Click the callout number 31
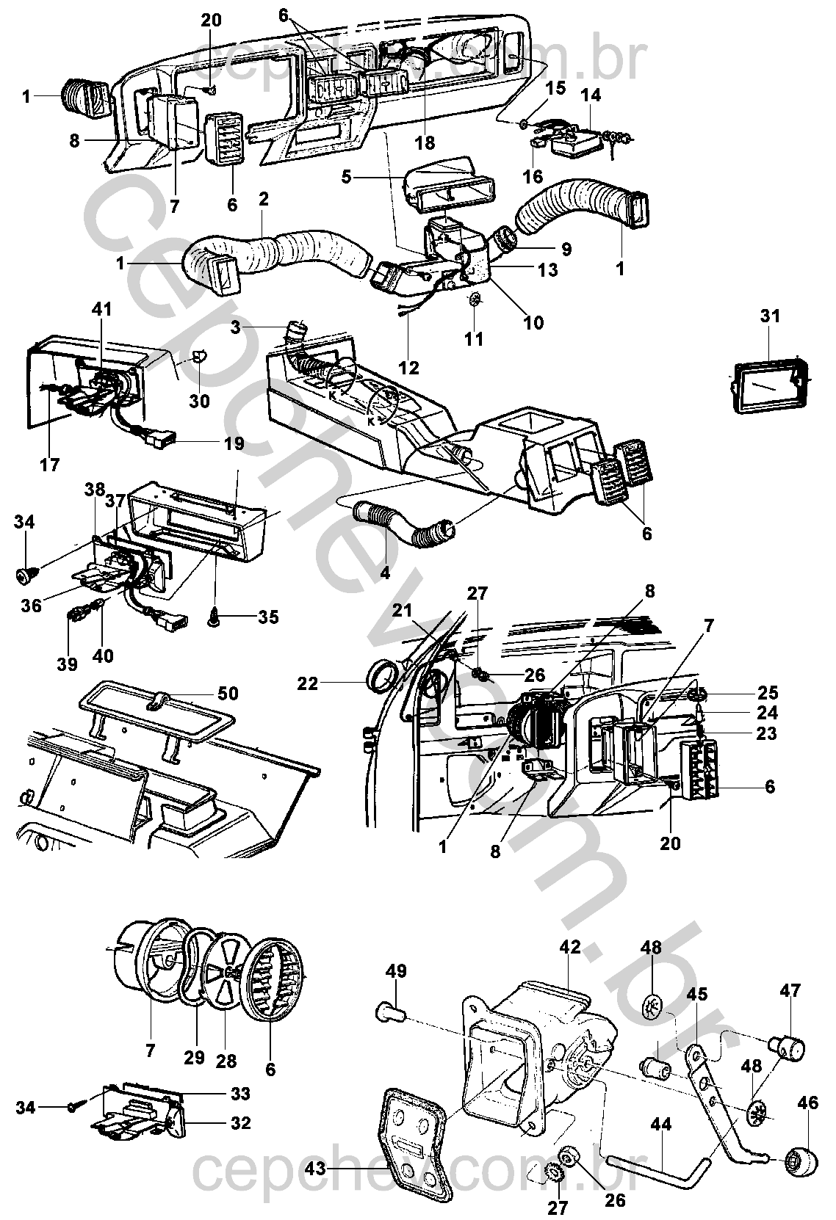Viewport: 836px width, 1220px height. point(770,316)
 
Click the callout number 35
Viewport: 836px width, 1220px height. point(269,617)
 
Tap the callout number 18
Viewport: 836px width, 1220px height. point(425,141)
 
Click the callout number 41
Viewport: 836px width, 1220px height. point(102,310)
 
